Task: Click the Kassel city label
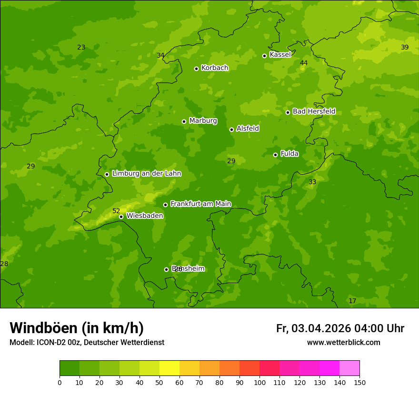coord(280,55)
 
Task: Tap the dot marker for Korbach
coord(196,69)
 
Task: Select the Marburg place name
coord(203,121)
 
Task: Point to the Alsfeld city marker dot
coord(231,129)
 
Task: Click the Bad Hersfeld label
coord(314,111)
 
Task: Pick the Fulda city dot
coord(275,155)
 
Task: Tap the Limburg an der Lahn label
coord(146,174)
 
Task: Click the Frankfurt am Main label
coord(200,204)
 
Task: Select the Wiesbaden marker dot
coord(121,217)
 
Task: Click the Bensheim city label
coord(188,268)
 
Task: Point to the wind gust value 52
coord(116,211)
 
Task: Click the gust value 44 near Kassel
coord(304,63)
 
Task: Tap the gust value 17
coord(352,301)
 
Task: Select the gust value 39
coord(405,47)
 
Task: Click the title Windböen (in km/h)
coord(77,328)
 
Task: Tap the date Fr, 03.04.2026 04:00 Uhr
coord(340,328)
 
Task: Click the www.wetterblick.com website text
coord(343,342)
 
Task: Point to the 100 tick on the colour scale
coord(259,382)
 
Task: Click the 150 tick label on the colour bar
coord(359,382)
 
